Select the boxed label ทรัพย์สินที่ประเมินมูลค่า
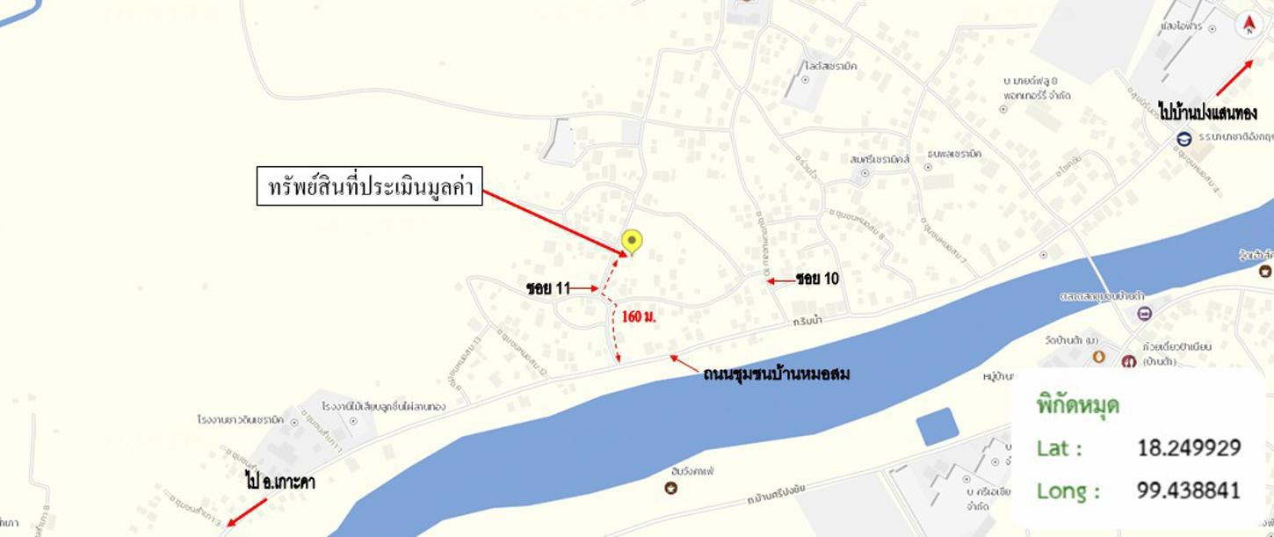(370, 186)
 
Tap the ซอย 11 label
(548, 288)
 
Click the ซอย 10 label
(818, 279)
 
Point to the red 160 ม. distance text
(639, 316)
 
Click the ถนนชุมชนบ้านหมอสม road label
(776, 374)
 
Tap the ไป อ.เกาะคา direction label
(279, 482)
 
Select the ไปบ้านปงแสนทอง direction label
(1206, 113)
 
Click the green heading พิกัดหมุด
(1077, 406)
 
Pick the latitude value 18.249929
(1189, 447)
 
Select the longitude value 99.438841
(1189, 490)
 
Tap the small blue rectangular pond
(937, 427)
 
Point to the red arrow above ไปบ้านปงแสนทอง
(1234, 78)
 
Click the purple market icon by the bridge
(1143, 314)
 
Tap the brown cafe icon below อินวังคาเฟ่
(671, 488)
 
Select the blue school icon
(1184, 139)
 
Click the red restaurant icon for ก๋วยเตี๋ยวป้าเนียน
(1129, 361)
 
